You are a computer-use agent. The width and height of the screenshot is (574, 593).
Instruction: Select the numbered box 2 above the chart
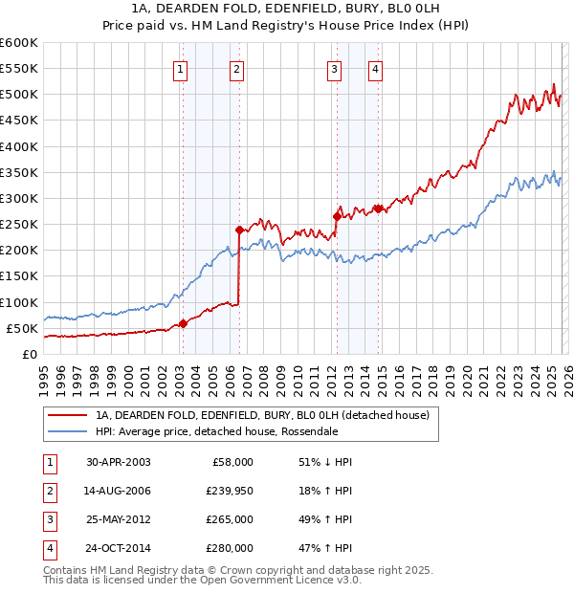pyautogui.click(x=236, y=68)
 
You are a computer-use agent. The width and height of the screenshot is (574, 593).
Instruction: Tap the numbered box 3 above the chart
pyautogui.click(x=334, y=68)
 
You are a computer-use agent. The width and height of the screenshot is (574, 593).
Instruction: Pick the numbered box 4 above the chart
pyautogui.click(x=376, y=68)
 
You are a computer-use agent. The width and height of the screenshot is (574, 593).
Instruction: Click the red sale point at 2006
pyautogui.click(x=239, y=230)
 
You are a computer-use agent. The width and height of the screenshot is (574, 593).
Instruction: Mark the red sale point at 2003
pyautogui.click(x=184, y=323)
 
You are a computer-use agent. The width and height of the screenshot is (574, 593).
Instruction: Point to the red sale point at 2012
pyautogui.click(x=337, y=216)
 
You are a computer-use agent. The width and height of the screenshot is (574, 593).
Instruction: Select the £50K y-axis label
pyautogui.click(x=22, y=328)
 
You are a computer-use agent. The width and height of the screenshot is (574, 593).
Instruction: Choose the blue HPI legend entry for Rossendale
pyautogui.click(x=216, y=431)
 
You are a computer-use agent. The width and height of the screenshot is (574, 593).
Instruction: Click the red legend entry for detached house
pyautogui.click(x=262, y=415)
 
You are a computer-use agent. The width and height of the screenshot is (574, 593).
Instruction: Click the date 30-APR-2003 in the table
pyautogui.click(x=118, y=461)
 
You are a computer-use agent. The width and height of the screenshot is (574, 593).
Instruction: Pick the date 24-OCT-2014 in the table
pyautogui.click(x=118, y=549)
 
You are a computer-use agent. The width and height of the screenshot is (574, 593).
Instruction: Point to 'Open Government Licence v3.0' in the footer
pyautogui.click(x=277, y=581)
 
